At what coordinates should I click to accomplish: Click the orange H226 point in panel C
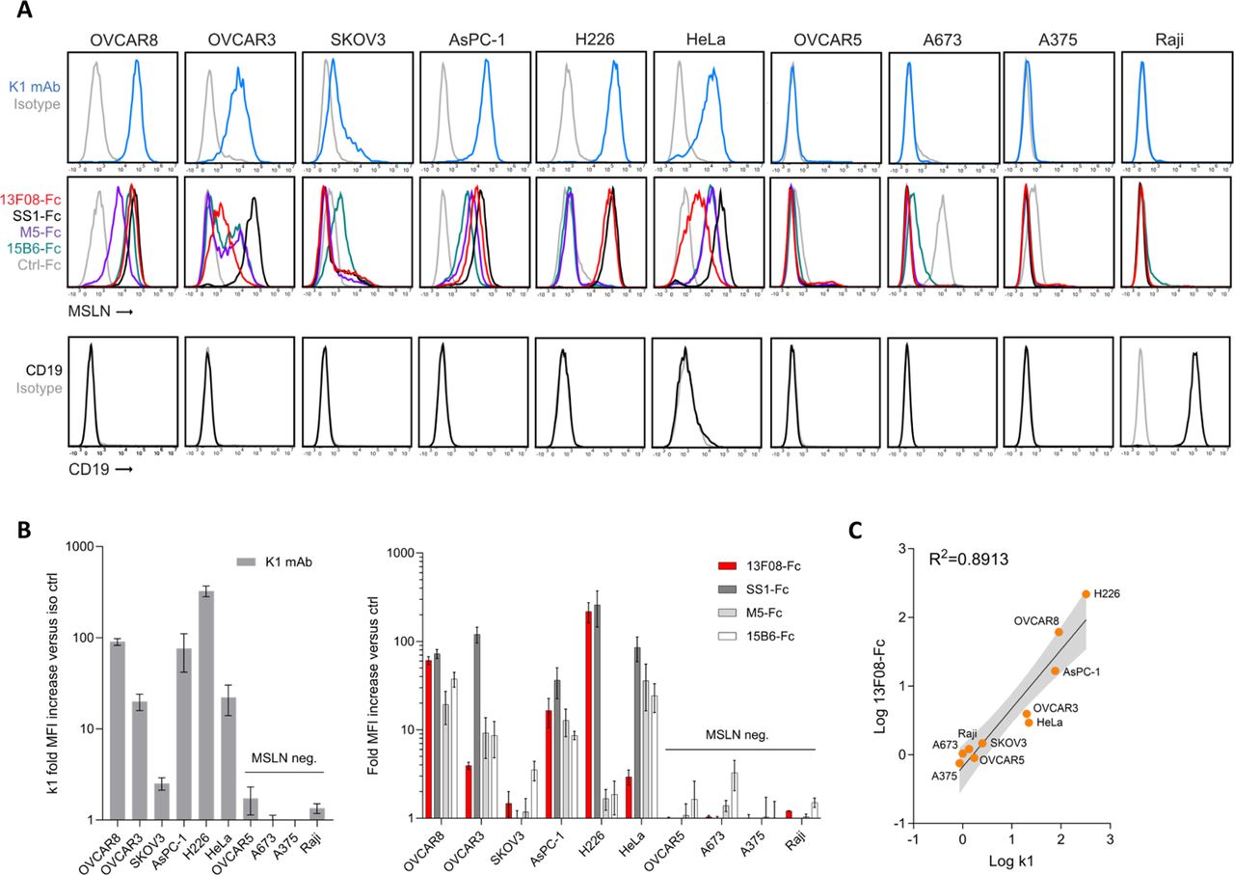click(x=1086, y=594)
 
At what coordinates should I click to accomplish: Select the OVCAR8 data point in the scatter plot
click(x=1060, y=632)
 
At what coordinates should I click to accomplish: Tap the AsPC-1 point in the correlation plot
click(x=1056, y=670)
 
